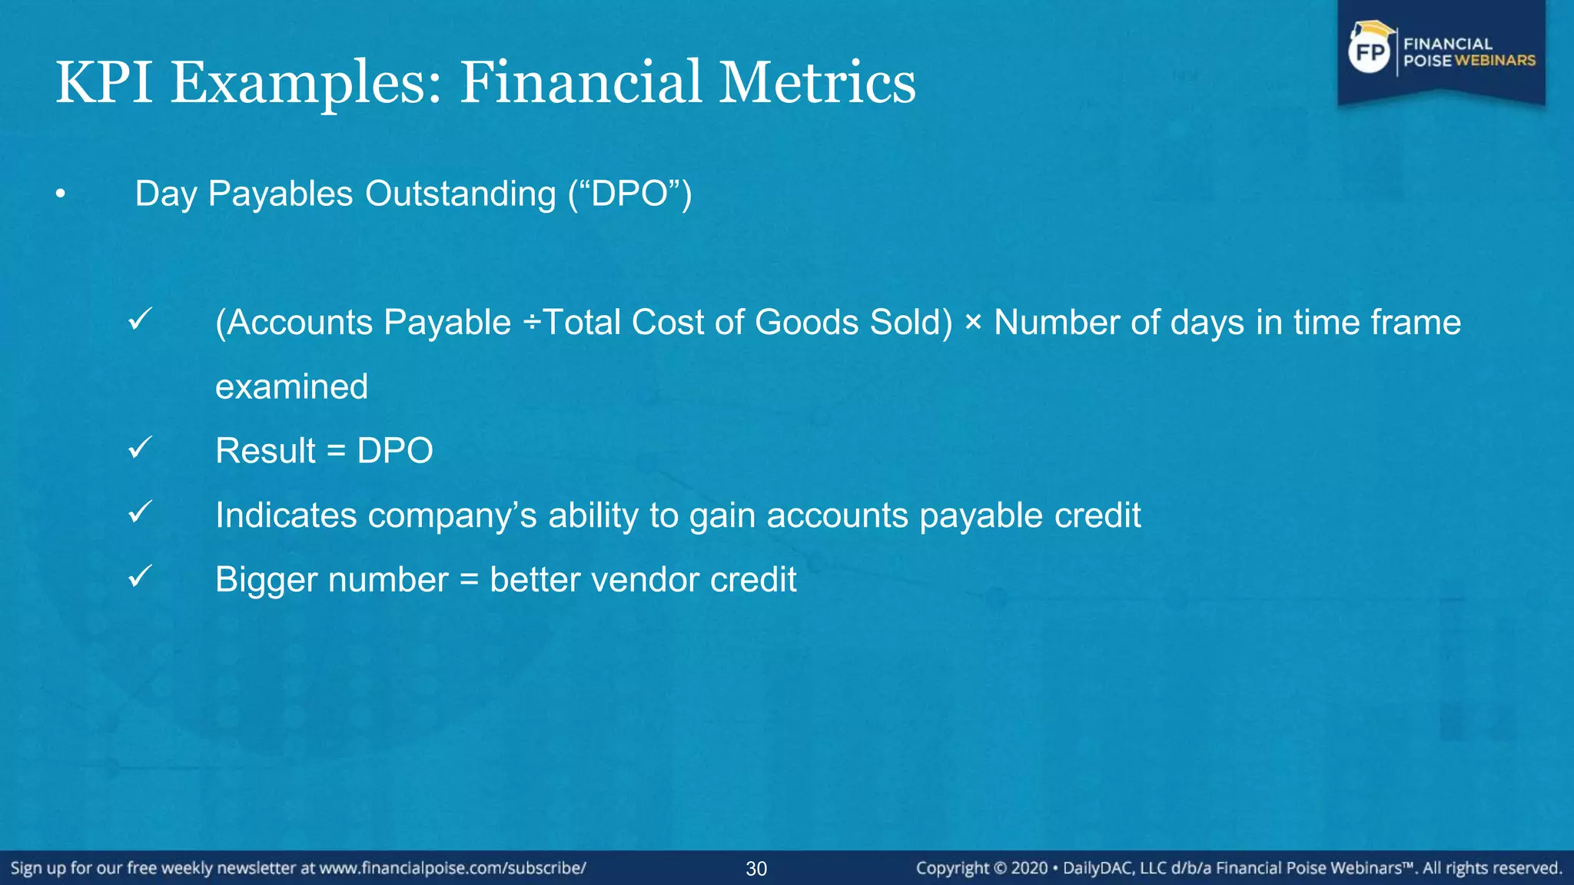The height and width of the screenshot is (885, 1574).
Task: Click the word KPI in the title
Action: click(x=104, y=83)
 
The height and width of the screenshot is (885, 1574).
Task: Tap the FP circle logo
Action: click(x=1370, y=52)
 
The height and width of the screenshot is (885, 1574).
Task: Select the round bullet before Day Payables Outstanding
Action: click(x=61, y=195)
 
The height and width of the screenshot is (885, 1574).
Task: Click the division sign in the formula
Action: click(x=532, y=323)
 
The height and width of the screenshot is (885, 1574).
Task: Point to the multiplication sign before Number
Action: click(x=973, y=323)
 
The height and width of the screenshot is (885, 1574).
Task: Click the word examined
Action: click(x=291, y=386)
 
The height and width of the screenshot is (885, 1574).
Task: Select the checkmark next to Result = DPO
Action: click(x=141, y=447)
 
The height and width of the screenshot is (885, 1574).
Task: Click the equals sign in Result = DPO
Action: click(x=336, y=452)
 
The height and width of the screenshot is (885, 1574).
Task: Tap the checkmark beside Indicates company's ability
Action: click(x=141, y=512)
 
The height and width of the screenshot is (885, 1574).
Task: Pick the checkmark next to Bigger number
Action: click(x=141, y=576)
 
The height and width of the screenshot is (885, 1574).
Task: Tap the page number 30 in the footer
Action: click(x=756, y=869)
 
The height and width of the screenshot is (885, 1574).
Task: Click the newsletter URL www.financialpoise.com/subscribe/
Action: click(x=453, y=868)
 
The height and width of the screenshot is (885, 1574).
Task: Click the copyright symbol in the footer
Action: click(x=1000, y=869)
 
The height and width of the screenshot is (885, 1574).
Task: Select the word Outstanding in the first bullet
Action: click(x=460, y=194)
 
